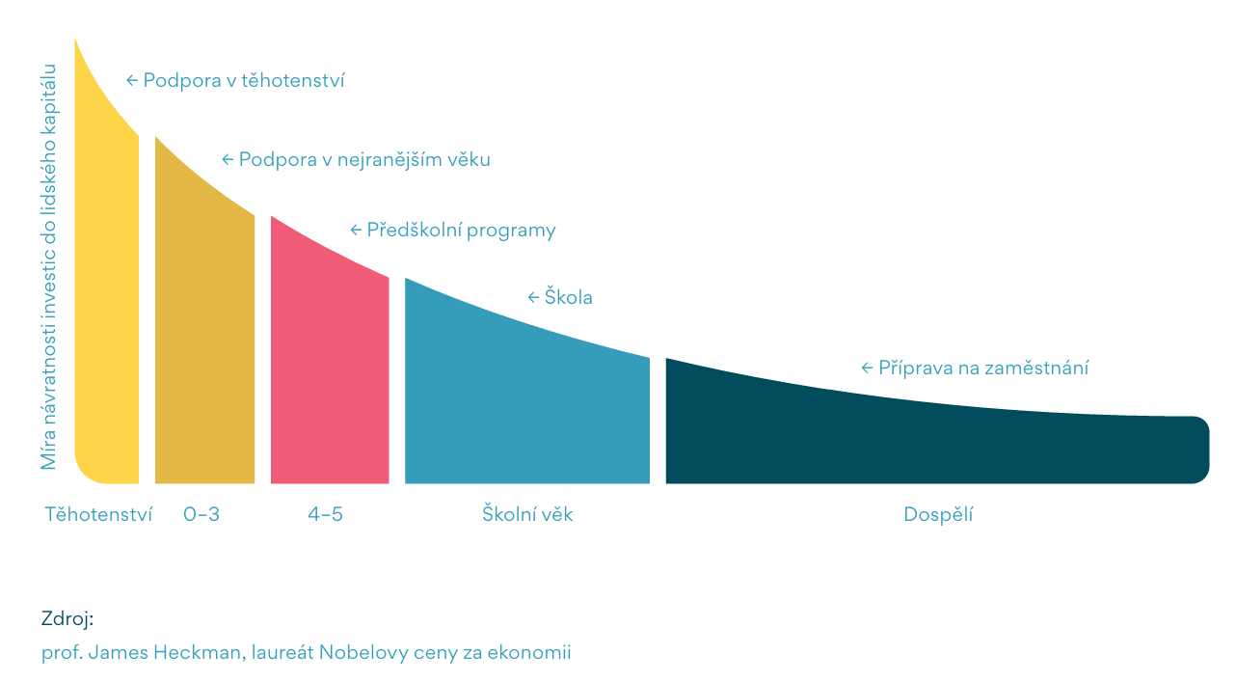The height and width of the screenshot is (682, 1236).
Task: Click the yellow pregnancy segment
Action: click(x=107, y=309)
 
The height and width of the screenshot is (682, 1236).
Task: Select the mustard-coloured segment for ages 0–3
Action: click(x=204, y=338)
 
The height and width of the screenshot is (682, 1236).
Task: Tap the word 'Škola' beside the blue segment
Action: click(x=569, y=297)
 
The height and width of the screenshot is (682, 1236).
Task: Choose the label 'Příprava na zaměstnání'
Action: click(x=983, y=368)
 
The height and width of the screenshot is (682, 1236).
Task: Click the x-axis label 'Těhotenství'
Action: click(x=98, y=514)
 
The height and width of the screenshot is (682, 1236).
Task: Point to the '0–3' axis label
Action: click(x=202, y=514)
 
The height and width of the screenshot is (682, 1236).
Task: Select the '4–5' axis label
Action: click(x=325, y=514)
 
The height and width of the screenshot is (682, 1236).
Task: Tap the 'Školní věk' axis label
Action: click(x=527, y=514)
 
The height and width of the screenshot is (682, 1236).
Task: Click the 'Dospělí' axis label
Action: click(x=938, y=514)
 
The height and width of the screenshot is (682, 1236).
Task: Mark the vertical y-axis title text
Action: click(x=49, y=267)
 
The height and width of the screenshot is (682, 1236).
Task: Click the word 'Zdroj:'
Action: click(x=67, y=618)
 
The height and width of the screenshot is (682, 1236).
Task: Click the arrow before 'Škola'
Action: click(x=533, y=297)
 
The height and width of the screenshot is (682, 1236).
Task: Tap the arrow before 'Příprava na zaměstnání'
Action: click(x=867, y=368)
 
